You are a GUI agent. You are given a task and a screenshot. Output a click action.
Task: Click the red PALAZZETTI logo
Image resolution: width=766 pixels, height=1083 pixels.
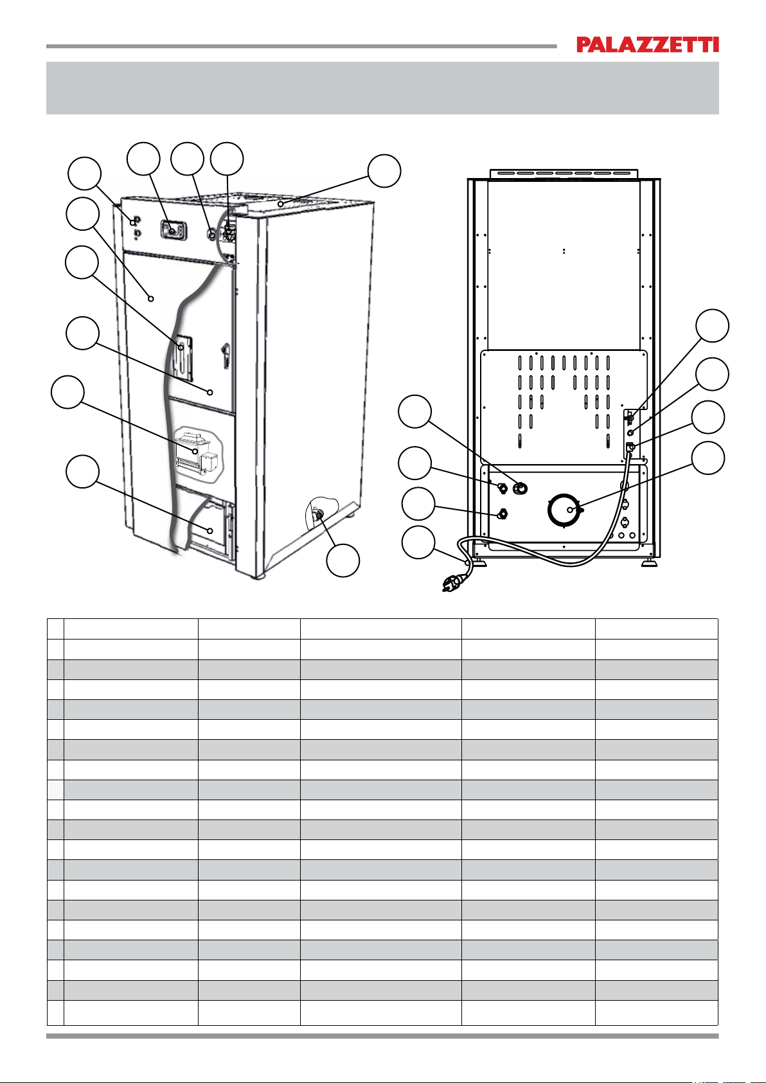[x=647, y=44]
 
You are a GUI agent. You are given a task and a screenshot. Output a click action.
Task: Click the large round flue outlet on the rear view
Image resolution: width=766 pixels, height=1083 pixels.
[x=564, y=510]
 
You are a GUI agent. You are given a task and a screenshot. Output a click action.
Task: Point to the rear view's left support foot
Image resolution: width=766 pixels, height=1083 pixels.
[x=481, y=564]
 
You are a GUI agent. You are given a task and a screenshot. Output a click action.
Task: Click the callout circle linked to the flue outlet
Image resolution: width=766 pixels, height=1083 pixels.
[x=708, y=458]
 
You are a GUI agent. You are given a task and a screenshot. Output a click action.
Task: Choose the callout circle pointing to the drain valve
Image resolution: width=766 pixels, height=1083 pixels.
[x=343, y=560]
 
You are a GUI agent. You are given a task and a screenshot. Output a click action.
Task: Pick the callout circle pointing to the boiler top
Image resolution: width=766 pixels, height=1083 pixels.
[x=384, y=170]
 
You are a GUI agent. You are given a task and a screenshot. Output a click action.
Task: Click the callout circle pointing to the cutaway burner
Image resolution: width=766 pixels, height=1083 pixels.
[x=67, y=391]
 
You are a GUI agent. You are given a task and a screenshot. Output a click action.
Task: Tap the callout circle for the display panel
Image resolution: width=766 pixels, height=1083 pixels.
[x=143, y=159]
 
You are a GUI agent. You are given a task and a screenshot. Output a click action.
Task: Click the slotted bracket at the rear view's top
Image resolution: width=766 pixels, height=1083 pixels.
[x=564, y=174]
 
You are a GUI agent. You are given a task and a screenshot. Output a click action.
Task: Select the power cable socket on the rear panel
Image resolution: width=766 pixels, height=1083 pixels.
[x=630, y=447]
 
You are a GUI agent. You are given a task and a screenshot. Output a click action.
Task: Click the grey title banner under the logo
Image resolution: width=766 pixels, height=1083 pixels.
[x=382, y=88]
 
